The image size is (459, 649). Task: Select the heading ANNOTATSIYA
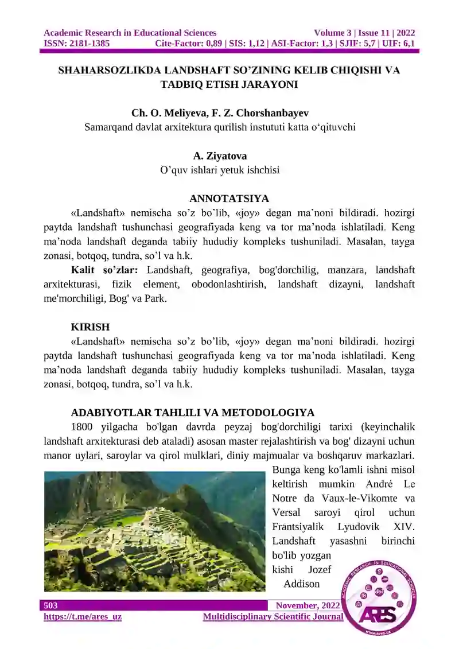pos(229,199)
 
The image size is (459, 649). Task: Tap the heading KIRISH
pos(90,327)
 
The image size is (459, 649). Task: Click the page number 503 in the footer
pos(50,605)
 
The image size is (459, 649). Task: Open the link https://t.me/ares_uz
pos(83,617)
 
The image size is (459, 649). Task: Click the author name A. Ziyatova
pos(220,156)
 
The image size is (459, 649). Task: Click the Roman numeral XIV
pos(404,527)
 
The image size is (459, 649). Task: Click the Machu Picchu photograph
pos(154,531)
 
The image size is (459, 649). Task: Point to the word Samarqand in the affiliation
pos(109,127)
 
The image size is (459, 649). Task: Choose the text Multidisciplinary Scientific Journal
pos(273,617)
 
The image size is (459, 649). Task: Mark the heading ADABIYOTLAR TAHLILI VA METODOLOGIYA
pos(192,413)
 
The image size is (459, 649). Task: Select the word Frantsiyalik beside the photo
pos(298,527)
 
